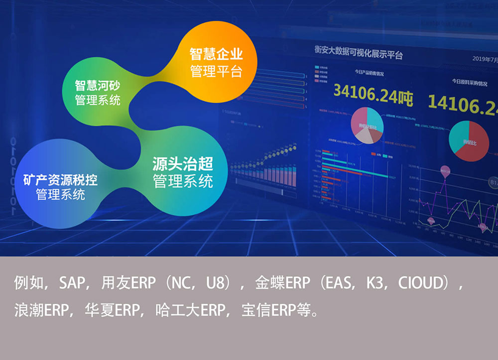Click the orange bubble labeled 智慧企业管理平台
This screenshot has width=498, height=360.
[216, 62]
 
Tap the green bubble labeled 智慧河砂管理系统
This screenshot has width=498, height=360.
[98, 93]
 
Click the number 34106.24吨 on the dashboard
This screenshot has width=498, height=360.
[373, 93]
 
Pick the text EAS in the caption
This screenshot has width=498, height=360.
[338, 283]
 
